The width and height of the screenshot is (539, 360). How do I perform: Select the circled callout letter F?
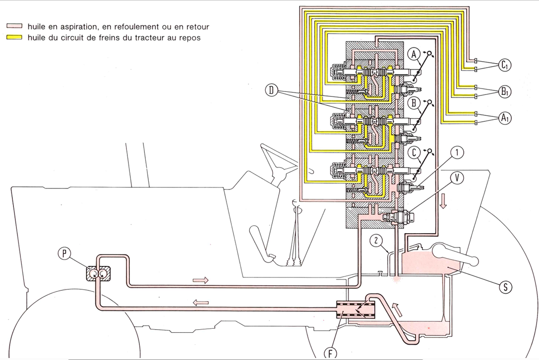pyautogui.click(x=330, y=354)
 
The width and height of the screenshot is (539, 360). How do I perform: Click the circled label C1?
pyautogui.click(x=504, y=65)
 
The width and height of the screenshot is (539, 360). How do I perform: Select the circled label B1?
pyautogui.click(x=504, y=91)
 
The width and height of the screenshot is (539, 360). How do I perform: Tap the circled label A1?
pyautogui.click(x=504, y=118)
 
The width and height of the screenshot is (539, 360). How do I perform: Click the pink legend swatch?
pyautogui.click(x=13, y=25)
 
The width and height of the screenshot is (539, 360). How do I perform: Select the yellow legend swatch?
pyautogui.click(x=13, y=38)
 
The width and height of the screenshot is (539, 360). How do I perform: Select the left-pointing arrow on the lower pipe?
pyautogui.click(x=201, y=301)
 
